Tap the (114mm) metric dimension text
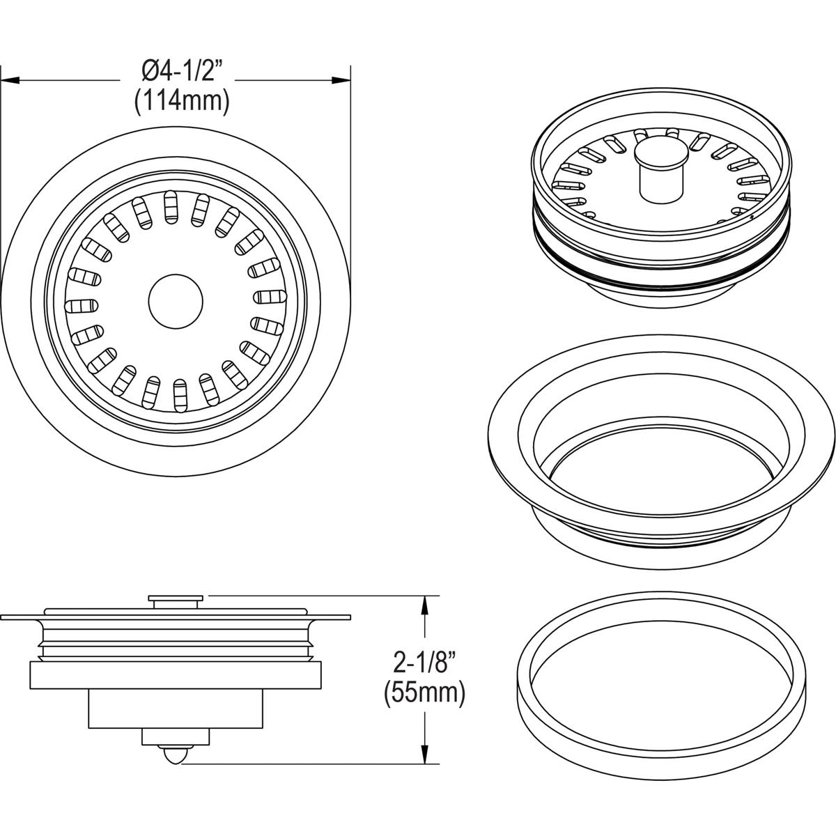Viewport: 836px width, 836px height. coord(182,102)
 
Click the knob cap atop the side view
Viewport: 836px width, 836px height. coord(176,598)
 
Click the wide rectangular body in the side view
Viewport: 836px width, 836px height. coord(175,675)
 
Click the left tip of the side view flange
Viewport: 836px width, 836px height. coord(4,618)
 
